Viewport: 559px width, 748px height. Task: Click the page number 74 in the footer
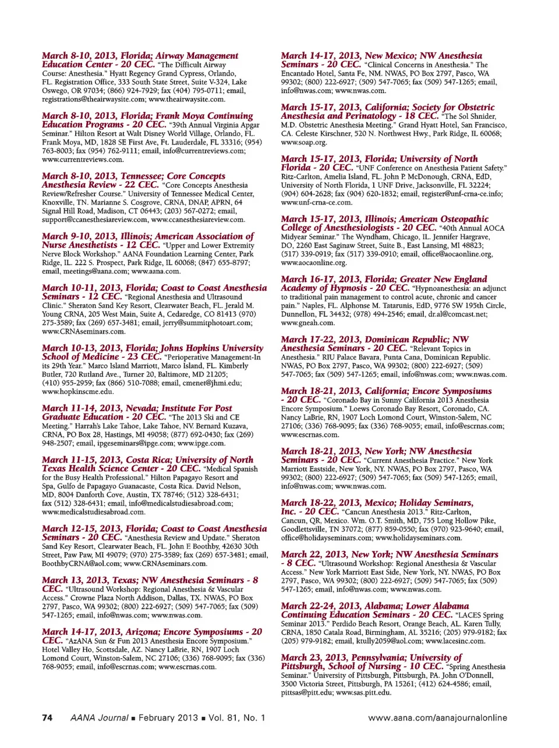point(47,718)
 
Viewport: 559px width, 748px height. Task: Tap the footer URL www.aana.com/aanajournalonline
point(437,718)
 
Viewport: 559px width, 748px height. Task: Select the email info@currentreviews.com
point(196,151)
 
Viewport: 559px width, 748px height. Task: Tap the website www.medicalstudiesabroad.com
point(93,512)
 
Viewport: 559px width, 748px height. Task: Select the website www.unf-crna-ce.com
point(317,202)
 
